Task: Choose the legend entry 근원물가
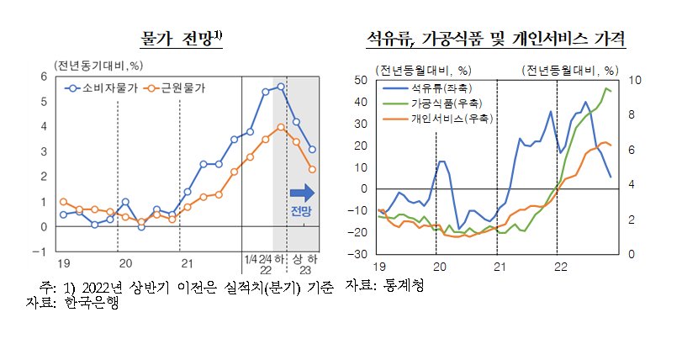(x=179, y=87)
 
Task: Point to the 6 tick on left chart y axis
(x=43, y=77)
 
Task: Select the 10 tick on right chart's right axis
(x=637, y=80)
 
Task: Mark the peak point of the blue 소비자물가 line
(x=281, y=86)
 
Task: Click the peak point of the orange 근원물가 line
(x=281, y=127)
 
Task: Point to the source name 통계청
(x=403, y=287)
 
